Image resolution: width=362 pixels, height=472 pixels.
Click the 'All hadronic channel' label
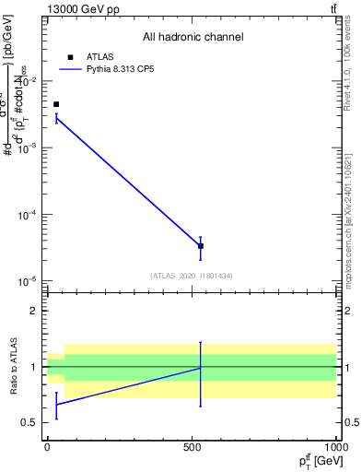point(193,37)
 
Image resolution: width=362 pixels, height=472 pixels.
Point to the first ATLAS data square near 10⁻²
point(56,104)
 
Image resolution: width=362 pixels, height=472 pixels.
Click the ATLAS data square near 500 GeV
point(201,246)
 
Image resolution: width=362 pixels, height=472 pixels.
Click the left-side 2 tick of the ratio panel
point(33,311)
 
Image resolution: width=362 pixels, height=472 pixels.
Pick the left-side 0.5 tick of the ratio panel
point(29,423)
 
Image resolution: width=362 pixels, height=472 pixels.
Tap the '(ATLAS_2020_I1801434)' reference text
point(192,276)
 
